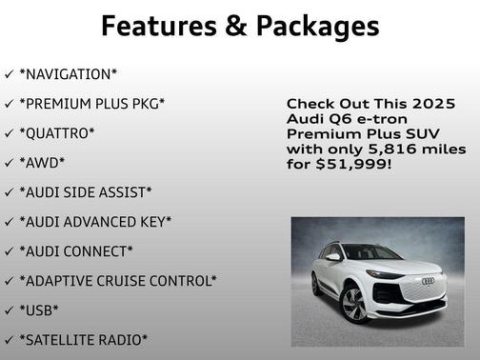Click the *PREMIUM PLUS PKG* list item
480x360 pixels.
[x=91, y=103]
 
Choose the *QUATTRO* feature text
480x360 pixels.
[x=57, y=132]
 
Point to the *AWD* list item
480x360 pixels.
[x=42, y=162]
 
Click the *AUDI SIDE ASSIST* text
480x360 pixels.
[x=85, y=191]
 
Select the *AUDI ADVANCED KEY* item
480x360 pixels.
[x=95, y=221]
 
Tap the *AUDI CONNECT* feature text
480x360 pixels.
[x=76, y=250]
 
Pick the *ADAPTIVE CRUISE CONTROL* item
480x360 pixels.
[x=118, y=280]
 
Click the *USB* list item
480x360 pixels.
[x=39, y=310]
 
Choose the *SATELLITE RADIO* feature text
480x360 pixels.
[x=83, y=339]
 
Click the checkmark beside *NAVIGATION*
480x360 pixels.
[x=9, y=74]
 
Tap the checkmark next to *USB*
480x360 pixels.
[x=9, y=310]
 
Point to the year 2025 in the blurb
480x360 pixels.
[x=433, y=103]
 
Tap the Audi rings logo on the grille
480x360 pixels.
[x=427, y=281]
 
